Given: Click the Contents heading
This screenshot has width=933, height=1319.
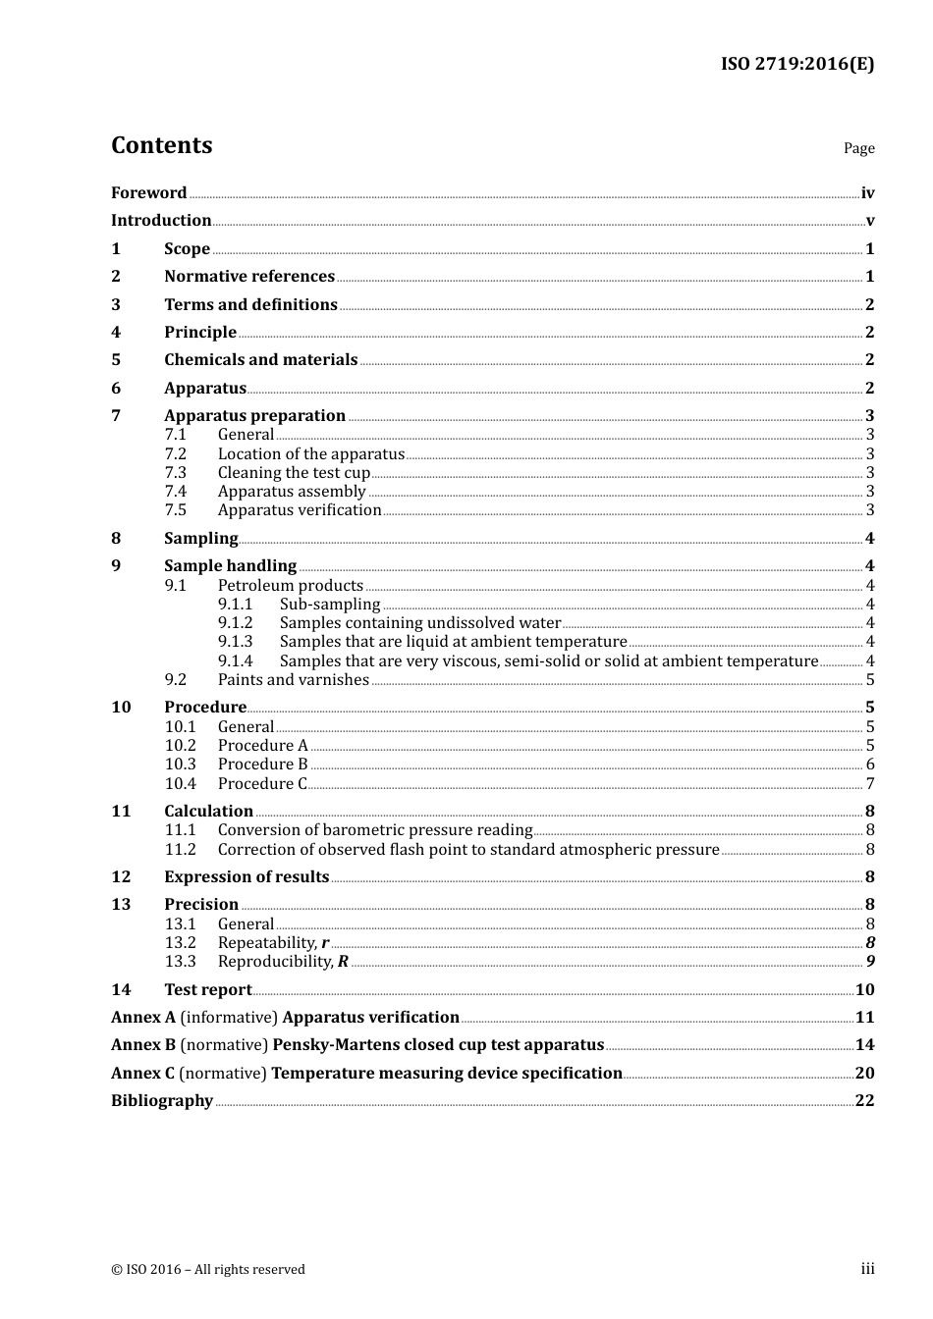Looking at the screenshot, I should coord(161,145).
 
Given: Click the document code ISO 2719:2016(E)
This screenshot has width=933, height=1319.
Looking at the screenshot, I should coord(796,64).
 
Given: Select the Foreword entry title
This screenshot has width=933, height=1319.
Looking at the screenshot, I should coord(148,192).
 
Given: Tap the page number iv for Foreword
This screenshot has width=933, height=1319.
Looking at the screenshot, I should coord(867,192).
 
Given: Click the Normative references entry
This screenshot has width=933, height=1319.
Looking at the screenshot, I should coord(249,277).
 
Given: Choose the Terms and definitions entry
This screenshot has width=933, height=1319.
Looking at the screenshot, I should coord(250,304).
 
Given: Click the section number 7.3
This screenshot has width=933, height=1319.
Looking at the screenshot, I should coord(175,472).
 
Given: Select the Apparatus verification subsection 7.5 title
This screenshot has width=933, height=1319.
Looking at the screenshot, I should coord(299,510).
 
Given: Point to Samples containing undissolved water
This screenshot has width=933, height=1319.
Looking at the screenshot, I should coord(419,623).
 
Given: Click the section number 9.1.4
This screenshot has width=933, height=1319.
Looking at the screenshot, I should coord(235,661).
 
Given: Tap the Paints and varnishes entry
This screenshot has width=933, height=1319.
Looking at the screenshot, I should coord(293,680).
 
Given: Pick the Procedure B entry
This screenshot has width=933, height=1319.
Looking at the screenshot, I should coord(262,765).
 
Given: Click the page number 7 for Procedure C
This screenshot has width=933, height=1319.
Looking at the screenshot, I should coord(870,784).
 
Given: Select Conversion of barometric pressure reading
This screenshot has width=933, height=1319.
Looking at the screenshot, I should coord(374,830).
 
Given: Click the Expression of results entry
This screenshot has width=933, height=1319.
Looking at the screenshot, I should coord(247,877).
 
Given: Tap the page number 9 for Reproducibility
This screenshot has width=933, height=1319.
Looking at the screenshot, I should coord(870,962).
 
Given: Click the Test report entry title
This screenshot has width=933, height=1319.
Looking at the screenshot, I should coord(207,990).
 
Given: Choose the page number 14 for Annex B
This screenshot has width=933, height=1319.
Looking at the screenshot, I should coord(864,1045).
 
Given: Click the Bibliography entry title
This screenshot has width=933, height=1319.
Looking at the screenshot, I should coord(161,1101).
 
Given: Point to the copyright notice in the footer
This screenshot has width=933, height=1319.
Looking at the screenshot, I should coord(207,1269).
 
